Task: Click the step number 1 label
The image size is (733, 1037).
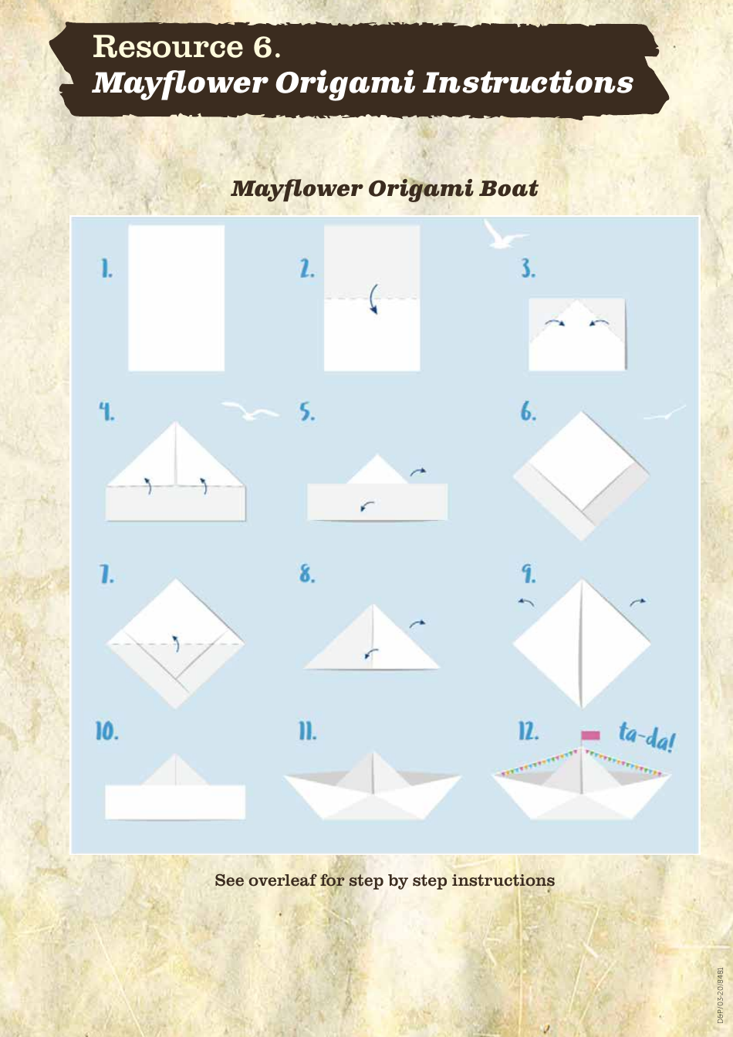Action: pos(106,269)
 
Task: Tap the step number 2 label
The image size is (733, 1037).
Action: pos(307,269)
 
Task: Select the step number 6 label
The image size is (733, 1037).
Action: pos(528,412)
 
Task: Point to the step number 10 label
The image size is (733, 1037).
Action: pos(107,731)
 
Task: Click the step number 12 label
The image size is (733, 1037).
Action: pos(529,731)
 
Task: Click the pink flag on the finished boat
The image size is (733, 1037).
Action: pos(590,735)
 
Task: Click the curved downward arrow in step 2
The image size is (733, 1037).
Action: pos(373,299)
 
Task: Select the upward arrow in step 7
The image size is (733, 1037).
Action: pos(176,643)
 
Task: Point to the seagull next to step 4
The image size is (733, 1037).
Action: pos(249,411)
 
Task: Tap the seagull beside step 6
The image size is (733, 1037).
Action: pos(665,414)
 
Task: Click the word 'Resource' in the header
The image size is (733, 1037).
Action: pos(167,47)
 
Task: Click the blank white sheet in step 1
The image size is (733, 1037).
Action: pos(176,298)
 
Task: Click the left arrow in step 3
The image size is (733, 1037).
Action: pos(555,322)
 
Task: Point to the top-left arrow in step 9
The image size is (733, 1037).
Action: pos(526,602)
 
